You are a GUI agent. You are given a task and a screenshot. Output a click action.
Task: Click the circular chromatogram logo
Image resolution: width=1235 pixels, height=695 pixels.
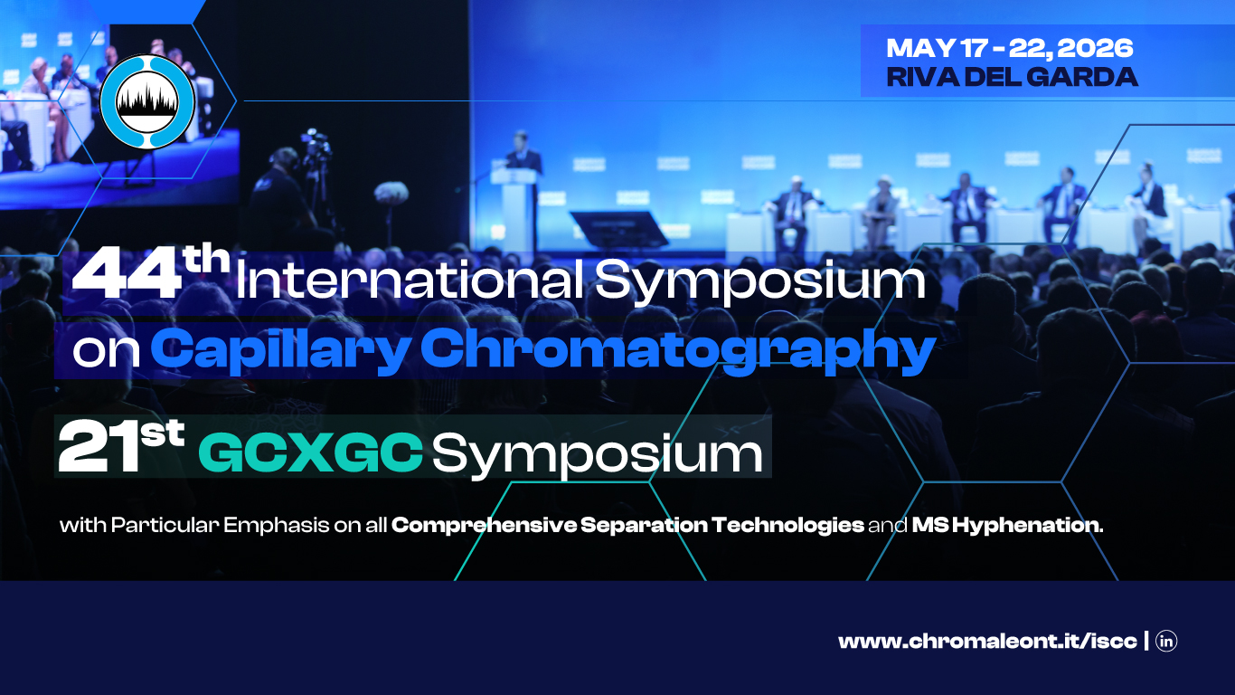click(x=147, y=101)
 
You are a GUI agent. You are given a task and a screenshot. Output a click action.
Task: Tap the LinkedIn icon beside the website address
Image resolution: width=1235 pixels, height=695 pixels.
click(x=1166, y=641)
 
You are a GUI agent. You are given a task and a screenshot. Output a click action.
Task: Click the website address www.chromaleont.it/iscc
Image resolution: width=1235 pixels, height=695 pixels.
click(x=987, y=642)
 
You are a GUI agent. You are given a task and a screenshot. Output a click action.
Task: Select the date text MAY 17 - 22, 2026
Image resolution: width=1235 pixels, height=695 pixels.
click(x=1010, y=48)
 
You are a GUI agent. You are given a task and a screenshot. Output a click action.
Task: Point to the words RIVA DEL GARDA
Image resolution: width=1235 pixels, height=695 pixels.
click(x=1012, y=77)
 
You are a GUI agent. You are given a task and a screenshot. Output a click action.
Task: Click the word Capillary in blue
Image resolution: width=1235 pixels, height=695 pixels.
click(x=280, y=350)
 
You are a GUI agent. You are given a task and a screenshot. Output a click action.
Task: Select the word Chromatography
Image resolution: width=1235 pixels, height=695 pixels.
click(x=678, y=350)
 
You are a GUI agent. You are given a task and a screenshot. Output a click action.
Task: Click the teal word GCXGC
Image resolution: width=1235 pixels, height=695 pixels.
click(x=310, y=453)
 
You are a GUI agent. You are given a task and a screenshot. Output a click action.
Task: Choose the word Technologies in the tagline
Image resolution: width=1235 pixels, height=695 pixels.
click(x=787, y=526)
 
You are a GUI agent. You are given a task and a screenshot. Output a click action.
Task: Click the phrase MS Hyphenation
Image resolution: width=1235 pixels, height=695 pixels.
click(x=1007, y=526)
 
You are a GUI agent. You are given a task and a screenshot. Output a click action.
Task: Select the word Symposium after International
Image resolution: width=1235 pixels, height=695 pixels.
click(x=759, y=281)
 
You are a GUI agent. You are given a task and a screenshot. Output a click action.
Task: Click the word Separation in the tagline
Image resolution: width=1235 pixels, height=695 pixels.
click(x=644, y=526)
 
